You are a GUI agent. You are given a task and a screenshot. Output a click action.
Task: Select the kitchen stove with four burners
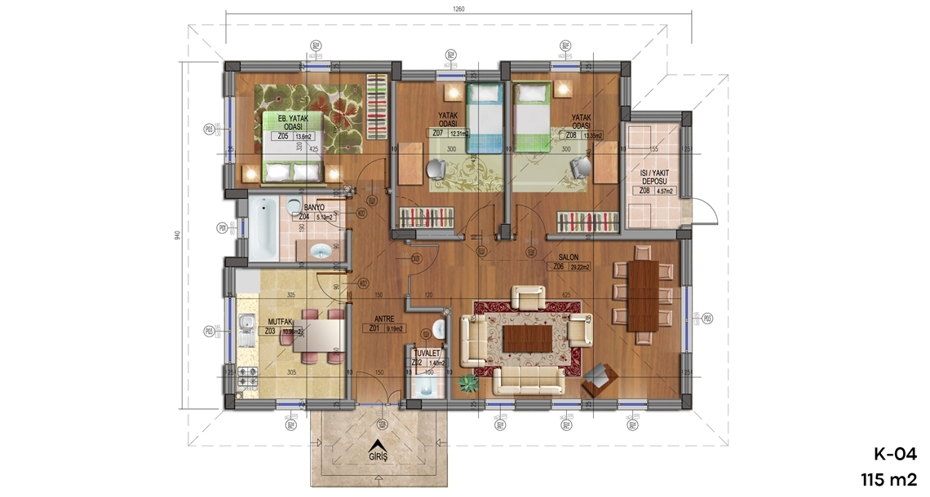click(247, 378)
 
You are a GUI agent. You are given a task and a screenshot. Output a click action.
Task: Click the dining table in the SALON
click(643, 295)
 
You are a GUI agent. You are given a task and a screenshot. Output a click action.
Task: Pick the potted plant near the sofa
click(469, 382)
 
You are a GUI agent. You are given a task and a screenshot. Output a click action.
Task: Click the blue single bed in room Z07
click(485, 118)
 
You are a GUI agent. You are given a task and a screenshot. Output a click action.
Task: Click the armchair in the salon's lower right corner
click(600, 377)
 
